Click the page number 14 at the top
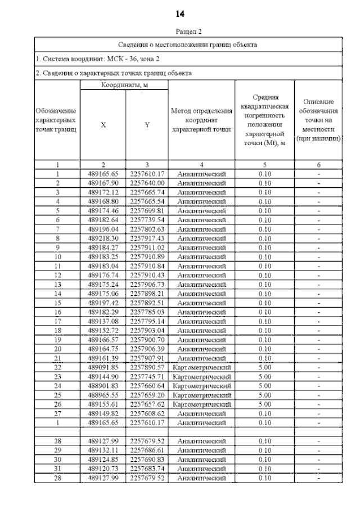click(x=180, y=13)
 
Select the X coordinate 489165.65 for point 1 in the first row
click(x=103, y=174)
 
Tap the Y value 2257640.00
click(x=147, y=183)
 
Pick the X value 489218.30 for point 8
click(x=103, y=238)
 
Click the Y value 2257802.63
click(x=147, y=229)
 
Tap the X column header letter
click(x=103, y=125)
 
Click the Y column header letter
click(x=147, y=125)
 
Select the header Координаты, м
click(x=124, y=85)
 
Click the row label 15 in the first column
click(x=57, y=303)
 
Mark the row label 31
click(x=57, y=469)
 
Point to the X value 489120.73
click(x=103, y=469)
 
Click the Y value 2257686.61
click(x=147, y=451)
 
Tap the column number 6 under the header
click(x=318, y=165)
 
